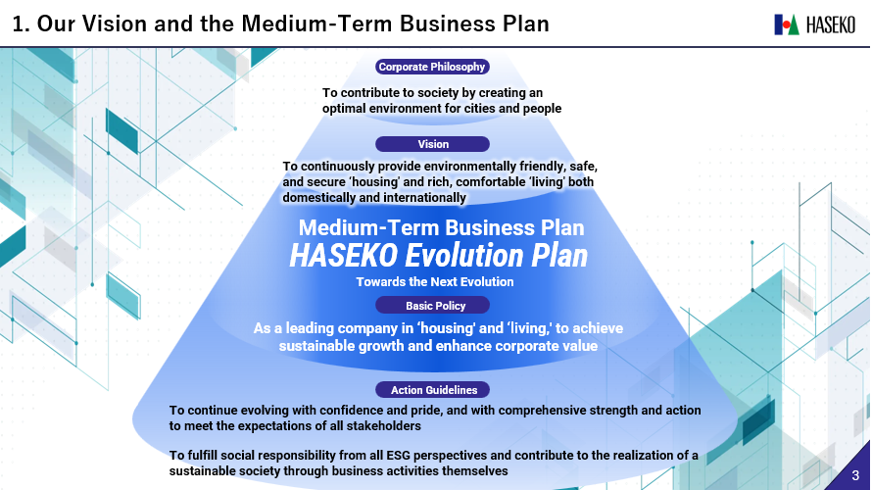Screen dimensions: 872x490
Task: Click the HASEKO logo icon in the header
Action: pyautogui.click(x=787, y=24)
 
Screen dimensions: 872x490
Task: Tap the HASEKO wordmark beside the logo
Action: pyautogui.click(x=830, y=25)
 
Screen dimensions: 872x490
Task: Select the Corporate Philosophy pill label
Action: pyautogui.click(x=432, y=67)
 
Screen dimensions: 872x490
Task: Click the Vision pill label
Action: pyautogui.click(x=433, y=144)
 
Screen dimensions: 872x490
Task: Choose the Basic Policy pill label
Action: pyautogui.click(x=433, y=306)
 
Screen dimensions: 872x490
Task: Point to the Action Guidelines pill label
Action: pyautogui.click(x=433, y=390)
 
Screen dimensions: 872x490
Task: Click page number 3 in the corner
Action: pyautogui.click(x=855, y=475)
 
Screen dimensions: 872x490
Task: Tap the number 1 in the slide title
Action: pyautogui.click(x=19, y=24)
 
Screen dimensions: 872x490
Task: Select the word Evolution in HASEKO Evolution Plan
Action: pyautogui.click(x=463, y=256)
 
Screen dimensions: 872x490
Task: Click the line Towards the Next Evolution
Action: pyautogui.click(x=435, y=282)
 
